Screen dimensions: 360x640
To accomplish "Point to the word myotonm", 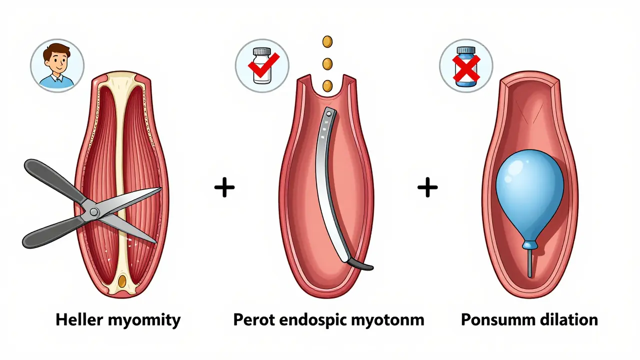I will [395, 320].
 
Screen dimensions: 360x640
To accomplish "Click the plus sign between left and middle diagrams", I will [224, 188].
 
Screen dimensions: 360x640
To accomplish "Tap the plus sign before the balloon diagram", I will [427, 188].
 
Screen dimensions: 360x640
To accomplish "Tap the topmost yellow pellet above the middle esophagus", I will [327, 41].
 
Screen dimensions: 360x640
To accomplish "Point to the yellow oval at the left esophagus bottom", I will [122, 281].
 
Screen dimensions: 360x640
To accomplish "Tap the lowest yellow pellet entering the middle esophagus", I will [327, 85].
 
